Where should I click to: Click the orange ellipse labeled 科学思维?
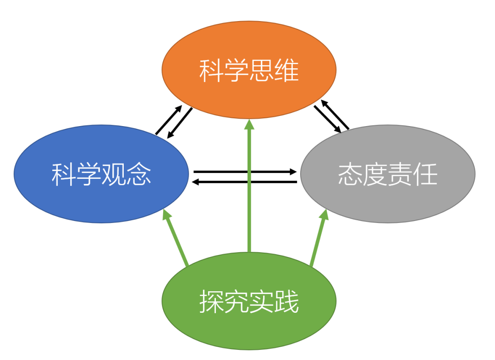[249, 50]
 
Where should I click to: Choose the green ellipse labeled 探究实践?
[249, 321]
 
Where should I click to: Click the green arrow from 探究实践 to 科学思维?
[249, 193]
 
